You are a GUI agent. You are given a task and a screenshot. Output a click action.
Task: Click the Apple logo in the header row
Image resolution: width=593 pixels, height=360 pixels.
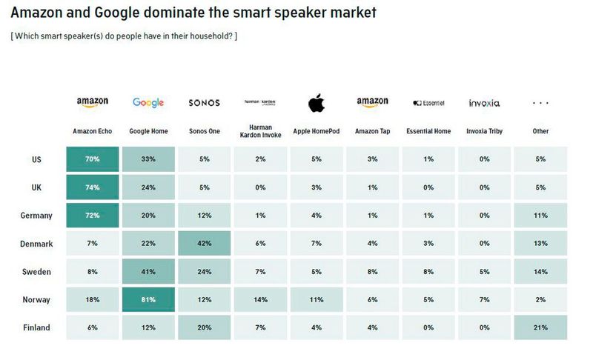[317, 103]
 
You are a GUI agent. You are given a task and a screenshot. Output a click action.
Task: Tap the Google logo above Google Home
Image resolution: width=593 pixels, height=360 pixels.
[148, 103]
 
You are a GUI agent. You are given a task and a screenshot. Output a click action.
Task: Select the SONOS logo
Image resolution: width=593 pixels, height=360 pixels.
[204, 103]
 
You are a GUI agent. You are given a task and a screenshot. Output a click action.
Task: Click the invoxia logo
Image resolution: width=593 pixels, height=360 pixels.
[484, 103]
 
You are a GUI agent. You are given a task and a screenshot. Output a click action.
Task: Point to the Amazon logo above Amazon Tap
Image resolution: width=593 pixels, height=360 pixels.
[372, 102]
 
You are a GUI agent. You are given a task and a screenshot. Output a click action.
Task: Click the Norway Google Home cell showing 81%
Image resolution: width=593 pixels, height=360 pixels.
[148, 299]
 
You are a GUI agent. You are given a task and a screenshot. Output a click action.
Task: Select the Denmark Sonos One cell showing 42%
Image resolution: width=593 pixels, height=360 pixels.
[204, 244]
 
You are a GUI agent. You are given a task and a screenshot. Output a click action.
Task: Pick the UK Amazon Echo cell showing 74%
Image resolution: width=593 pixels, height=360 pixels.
[92, 187]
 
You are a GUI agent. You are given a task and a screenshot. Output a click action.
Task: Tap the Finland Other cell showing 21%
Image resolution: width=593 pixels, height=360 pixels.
[540, 327]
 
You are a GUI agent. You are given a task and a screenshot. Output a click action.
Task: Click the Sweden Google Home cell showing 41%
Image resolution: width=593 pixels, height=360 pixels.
[148, 271]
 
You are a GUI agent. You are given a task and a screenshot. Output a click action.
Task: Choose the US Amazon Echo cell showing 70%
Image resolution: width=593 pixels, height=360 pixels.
[92, 159]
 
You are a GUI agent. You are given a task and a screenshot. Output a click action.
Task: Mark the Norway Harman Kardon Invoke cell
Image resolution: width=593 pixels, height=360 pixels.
[260, 299]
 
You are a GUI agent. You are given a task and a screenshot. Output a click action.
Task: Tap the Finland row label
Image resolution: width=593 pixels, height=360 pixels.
[36, 327]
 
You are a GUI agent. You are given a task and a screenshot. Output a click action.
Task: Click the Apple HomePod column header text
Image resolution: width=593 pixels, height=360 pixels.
[317, 131]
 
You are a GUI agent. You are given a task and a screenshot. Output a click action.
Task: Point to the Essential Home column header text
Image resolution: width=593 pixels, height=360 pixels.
[428, 131]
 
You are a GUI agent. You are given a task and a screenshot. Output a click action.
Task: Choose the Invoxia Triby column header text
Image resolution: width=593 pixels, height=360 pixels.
[484, 131]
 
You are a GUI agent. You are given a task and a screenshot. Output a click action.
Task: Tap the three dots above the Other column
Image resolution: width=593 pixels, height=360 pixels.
[540, 104]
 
